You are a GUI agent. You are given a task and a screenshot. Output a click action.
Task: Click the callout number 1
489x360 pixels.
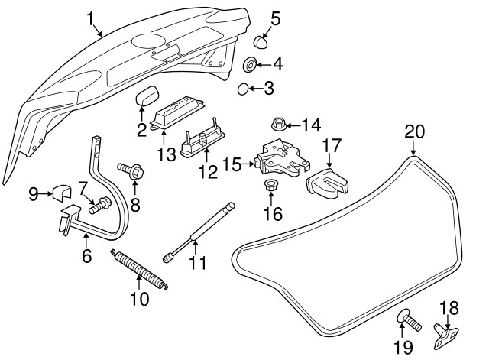point(92,16)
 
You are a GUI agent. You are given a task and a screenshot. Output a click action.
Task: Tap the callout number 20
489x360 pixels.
point(413,131)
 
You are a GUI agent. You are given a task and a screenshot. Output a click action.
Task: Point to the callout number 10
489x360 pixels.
point(139,298)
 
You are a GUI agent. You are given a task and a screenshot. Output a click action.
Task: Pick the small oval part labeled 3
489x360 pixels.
point(244,89)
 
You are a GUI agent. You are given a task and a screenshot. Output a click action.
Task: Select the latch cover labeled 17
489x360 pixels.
point(328,181)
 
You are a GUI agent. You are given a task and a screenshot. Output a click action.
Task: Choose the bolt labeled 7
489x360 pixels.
point(99,205)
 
